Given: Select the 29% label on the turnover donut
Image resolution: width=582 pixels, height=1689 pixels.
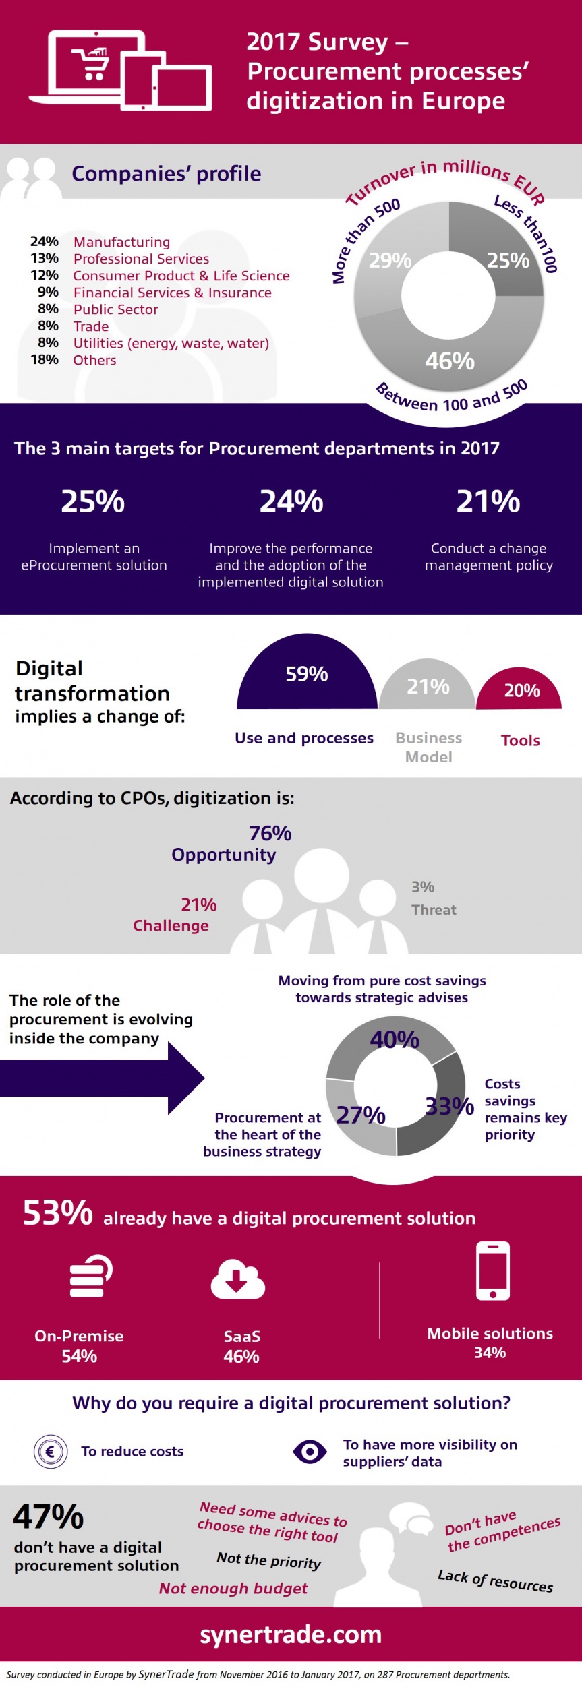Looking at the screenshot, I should coord(389,260).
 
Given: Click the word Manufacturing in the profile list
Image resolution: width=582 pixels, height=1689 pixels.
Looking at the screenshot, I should coord(121,242).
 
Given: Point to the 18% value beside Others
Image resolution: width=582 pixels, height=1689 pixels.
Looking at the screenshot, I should coord(45,360).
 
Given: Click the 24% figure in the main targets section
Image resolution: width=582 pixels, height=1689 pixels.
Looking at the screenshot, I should coord(291,501).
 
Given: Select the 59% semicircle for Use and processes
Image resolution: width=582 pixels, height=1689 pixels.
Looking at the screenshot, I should coord(307,674).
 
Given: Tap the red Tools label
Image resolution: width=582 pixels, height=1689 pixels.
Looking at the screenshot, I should coord(520,740).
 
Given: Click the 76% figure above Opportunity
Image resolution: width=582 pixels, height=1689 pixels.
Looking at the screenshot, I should coord(270,833).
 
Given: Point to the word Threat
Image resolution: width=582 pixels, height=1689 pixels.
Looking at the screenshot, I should coord(434,910).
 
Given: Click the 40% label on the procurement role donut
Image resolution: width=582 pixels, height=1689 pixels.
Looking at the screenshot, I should coord(395,1039).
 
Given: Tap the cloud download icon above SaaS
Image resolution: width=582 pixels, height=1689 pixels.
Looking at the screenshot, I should coord(237,1279).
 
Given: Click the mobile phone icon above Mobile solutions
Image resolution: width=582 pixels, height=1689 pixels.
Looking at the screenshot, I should coord(493,1270).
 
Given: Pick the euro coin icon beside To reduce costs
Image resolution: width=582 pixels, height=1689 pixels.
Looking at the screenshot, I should coord(51,1451).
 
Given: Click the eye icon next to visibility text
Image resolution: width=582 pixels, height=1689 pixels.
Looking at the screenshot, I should coord(310,1451).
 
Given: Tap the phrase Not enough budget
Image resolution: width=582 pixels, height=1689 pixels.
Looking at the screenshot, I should coord(233,1589).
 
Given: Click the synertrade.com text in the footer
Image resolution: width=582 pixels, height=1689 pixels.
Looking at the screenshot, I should coord(291,1634).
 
